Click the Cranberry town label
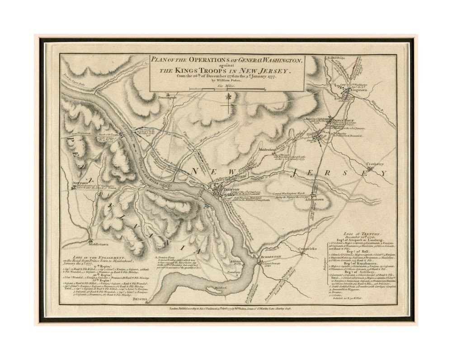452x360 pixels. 375,164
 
